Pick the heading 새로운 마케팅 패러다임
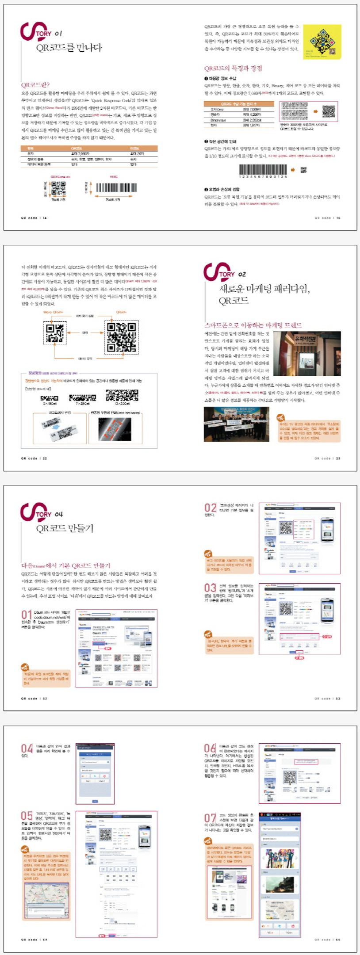[264, 289]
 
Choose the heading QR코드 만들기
[65, 528]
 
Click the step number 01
[27, 615]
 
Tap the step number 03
[210, 588]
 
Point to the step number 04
[27, 749]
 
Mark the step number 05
[27, 816]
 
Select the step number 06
[210, 749]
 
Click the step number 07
[210, 818]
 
